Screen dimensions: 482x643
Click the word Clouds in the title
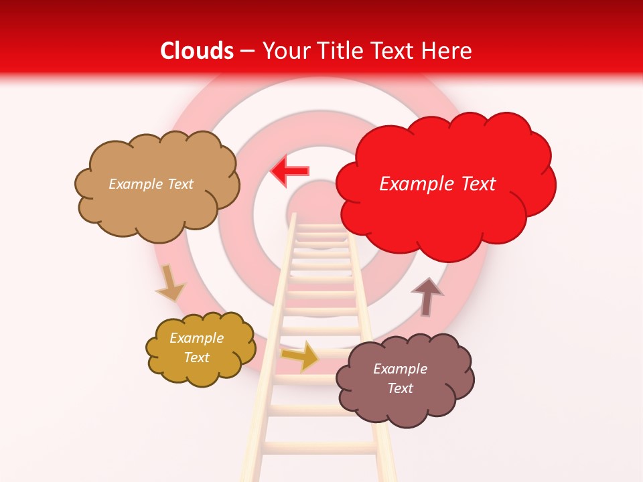click(197, 51)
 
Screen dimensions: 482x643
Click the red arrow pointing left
click(289, 171)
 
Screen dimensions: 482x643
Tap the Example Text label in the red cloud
click(437, 183)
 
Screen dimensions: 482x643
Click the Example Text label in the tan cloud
click(151, 183)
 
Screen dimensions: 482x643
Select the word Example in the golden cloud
click(196, 338)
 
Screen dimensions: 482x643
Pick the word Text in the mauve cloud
click(400, 388)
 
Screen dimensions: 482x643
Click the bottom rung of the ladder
click(319, 447)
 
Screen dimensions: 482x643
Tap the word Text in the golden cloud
click(196, 357)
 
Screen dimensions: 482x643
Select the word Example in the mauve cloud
click(400, 369)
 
